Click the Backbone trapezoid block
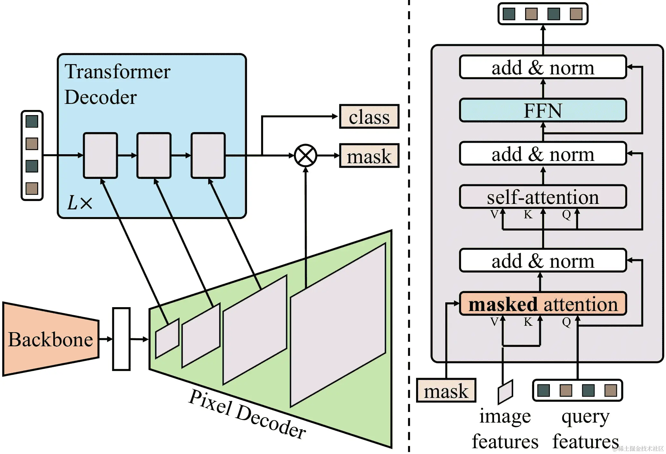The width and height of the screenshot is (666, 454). point(51,339)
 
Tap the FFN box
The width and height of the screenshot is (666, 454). point(543,110)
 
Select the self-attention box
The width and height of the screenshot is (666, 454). point(543,197)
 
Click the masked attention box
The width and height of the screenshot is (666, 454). point(543,304)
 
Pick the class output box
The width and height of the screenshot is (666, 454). point(369,116)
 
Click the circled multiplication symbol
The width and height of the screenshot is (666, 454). point(305,156)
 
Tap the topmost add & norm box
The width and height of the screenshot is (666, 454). point(543,67)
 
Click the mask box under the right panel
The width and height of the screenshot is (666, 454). point(446,391)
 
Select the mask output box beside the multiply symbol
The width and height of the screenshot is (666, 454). point(369,156)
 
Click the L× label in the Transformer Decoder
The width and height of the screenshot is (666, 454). point(80,203)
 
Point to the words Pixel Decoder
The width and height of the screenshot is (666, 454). point(247,414)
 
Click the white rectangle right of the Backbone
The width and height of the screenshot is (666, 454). point(121,339)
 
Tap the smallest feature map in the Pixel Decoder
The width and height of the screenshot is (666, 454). point(167,339)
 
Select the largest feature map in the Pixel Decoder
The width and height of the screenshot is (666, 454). point(338,325)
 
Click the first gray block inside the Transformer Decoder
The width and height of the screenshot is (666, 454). point(100,156)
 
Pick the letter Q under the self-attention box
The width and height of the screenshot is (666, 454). point(566,214)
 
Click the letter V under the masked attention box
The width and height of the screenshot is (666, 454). point(494,321)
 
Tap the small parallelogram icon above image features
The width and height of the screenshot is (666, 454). point(505,392)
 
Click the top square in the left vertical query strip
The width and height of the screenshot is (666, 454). point(32,121)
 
